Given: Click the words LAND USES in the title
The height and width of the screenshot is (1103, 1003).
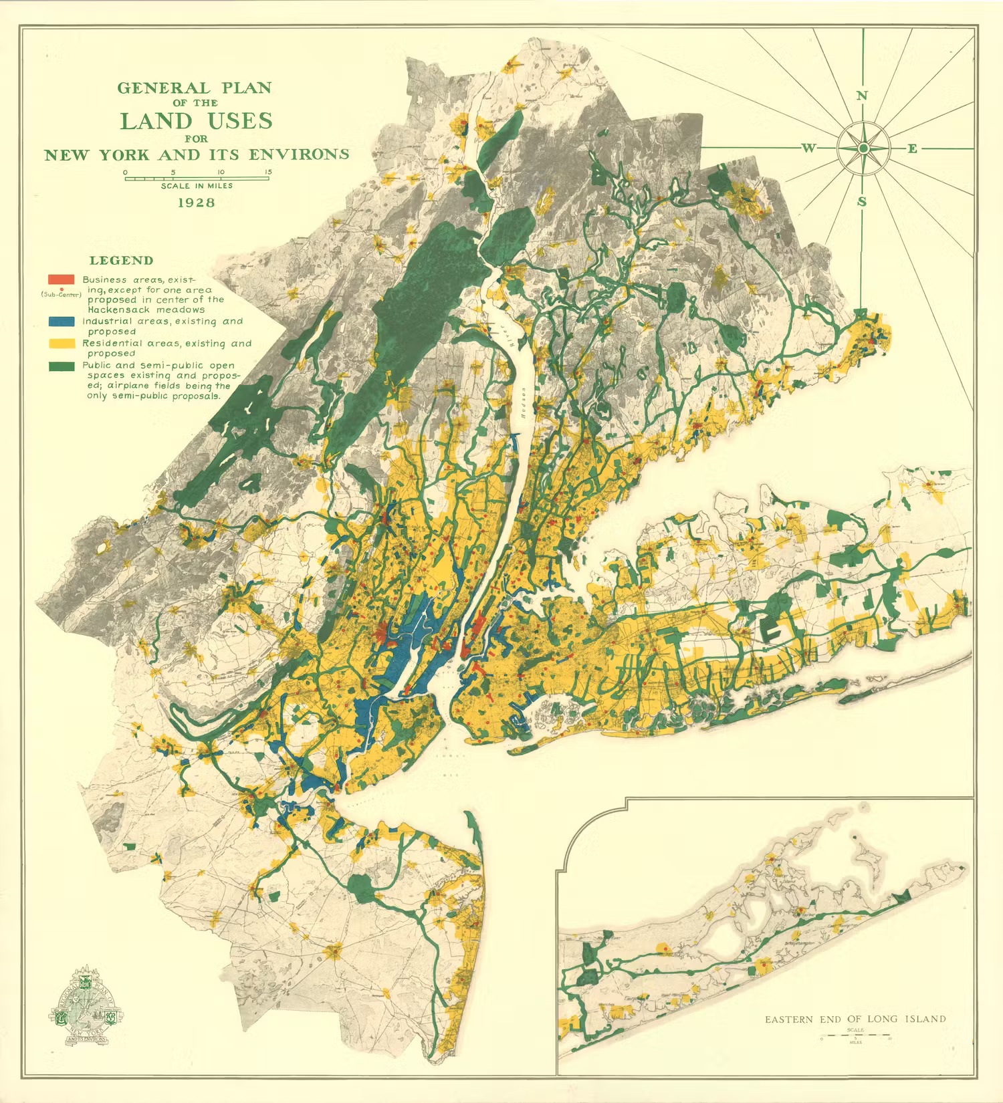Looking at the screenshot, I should pyautogui.click(x=196, y=121).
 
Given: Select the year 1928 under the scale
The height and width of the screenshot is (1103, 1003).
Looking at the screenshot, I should pyautogui.click(x=196, y=202).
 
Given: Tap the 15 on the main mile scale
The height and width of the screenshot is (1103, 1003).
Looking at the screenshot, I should pyautogui.click(x=267, y=172).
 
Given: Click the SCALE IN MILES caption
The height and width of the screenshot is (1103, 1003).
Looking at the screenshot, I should pyautogui.click(x=197, y=186).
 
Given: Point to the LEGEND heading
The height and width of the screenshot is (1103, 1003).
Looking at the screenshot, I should pyautogui.click(x=121, y=261).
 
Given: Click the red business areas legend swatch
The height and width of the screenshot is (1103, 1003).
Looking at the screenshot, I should pyautogui.click(x=61, y=279).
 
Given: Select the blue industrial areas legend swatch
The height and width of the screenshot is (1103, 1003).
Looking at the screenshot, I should pyautogui.click(x=61, y=322).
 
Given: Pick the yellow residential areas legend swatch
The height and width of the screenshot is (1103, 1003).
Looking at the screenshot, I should pyautogui.click(x=61, y=344).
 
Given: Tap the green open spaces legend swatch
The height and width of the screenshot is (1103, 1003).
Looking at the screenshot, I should pyautogui.click(x=61, y=366).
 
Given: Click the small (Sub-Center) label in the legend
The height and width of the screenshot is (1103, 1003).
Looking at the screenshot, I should pyautogui.click(x=61, y=294).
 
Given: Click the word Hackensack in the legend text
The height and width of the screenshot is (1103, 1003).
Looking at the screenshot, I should pyautogui.click(x=117, y=310).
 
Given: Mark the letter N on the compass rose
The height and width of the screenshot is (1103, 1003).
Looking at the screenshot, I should pyautogui.click(x=862, y=96).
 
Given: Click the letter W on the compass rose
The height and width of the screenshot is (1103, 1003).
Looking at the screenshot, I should pyautogui.click(x=808, y=148).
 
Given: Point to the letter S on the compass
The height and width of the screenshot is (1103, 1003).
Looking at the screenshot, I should pyautogui.click(x=862, y=201).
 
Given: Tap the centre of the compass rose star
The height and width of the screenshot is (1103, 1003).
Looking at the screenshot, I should pyautogui.click(x=863, y=148).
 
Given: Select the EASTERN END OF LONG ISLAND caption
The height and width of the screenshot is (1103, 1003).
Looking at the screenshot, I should pyautogui.click(x=855, y=1019).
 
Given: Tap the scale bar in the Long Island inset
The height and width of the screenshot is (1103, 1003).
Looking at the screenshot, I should pyautogui.click(x=855, y=1036).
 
